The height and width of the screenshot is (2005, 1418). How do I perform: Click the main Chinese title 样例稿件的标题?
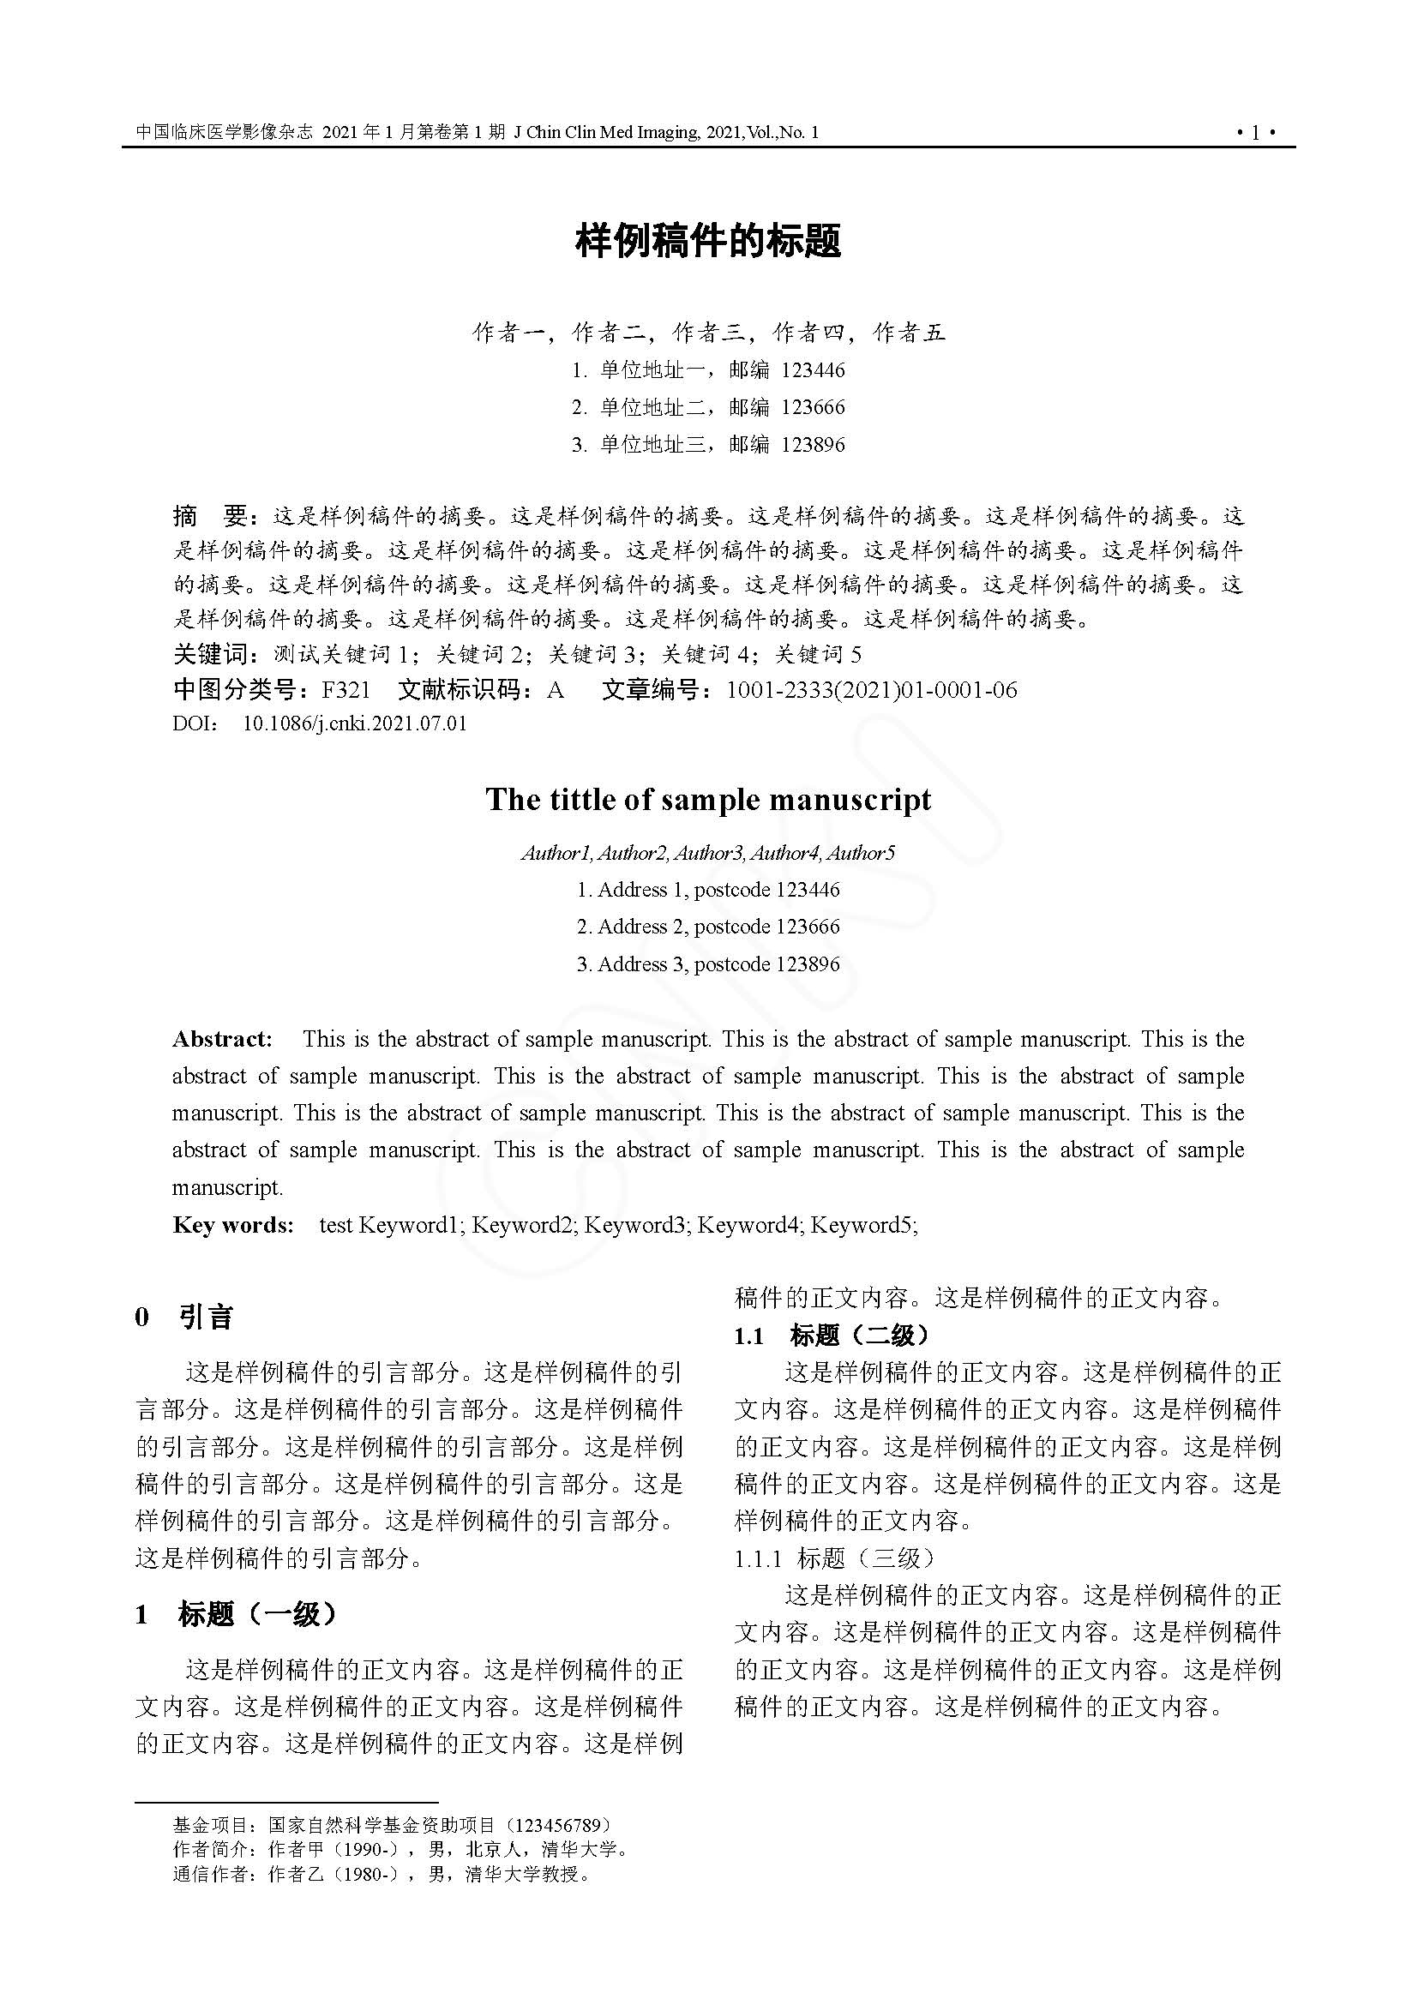[x=708, y=241]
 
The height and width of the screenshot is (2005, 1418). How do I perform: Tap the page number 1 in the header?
[x=1256, y=133]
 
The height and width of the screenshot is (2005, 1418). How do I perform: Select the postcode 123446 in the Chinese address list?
[x=813, y=370]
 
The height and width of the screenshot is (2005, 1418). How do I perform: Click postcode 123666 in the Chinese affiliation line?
[x=813, y=408]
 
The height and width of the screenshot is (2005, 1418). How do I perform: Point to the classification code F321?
[x=345, y=691]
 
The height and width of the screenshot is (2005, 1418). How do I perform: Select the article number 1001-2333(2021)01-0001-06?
[x=871, y=691]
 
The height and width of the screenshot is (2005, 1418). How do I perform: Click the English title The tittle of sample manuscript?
[x=708, y=800]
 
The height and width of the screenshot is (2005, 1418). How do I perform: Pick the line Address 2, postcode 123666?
[x=708, y=927]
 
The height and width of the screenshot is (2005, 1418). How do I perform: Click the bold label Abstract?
[x=223, y=1039]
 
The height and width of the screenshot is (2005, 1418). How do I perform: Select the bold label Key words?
[x=233, y=1225]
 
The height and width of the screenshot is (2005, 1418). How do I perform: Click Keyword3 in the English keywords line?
[x=634, y=1225]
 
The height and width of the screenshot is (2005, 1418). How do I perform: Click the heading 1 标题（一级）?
[x=236, y=1615]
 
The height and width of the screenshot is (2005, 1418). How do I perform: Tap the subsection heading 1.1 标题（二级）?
[x=832, y=1336]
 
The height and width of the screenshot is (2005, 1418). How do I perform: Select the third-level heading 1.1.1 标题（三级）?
[x=835, y=1558]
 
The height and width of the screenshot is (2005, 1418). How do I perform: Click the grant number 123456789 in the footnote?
[x=558, y=1826]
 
